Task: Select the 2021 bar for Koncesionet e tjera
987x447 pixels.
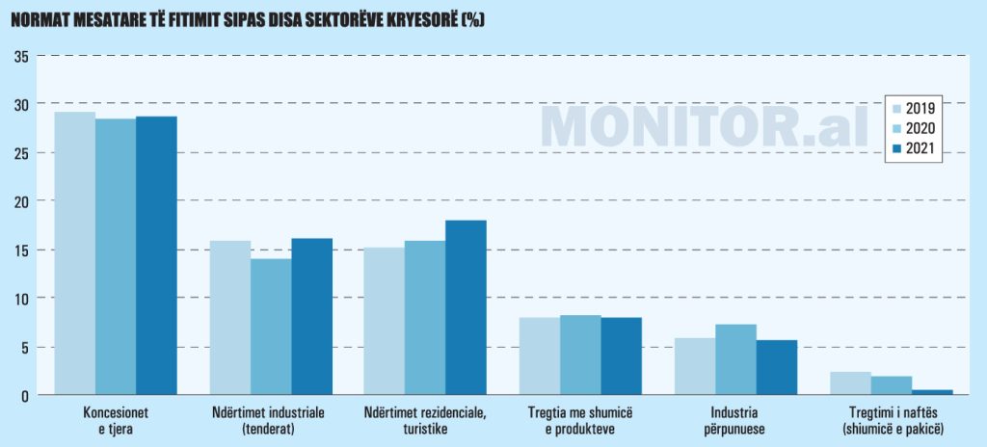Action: [156, 255]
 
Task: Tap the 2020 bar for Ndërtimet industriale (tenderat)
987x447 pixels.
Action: [270, 327]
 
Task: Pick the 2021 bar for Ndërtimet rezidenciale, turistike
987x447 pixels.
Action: [466, 307]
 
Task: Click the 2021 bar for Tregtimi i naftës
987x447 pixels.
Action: [931, 392]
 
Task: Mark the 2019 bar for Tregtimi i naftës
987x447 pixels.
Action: [850, 383]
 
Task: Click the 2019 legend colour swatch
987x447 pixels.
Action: [896, 109]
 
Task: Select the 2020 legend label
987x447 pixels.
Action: [921, 129]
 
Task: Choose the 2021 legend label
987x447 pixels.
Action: [921, 149]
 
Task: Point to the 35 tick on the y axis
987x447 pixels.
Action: [21, 56]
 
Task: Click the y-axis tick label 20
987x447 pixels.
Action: [21, 201]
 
